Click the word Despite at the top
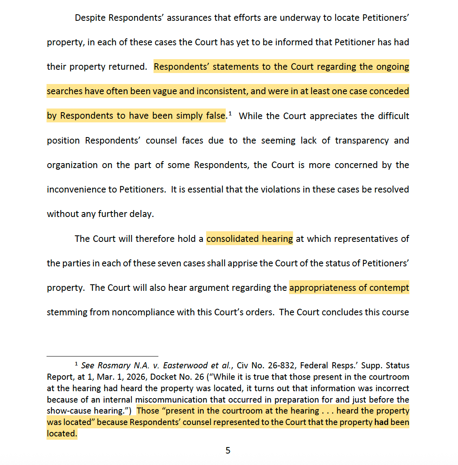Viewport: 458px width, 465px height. point(90,18)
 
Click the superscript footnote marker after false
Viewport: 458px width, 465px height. point(230,113)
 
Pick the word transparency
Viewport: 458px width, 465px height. point(362,141)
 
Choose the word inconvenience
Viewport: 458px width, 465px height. point(76,190)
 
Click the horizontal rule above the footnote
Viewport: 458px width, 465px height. point(102,356)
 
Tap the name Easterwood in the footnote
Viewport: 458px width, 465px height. point(184,365)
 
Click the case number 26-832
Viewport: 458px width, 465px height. point(283,365)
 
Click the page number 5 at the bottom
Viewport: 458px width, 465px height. point(228,450)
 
